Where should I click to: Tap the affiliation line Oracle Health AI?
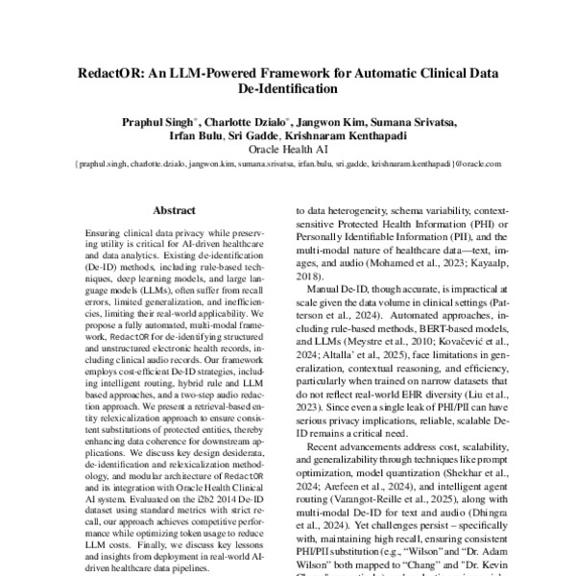tap(288, 151)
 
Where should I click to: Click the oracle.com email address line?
tap(288, 165)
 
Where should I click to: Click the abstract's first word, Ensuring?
tap(105, 234)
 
